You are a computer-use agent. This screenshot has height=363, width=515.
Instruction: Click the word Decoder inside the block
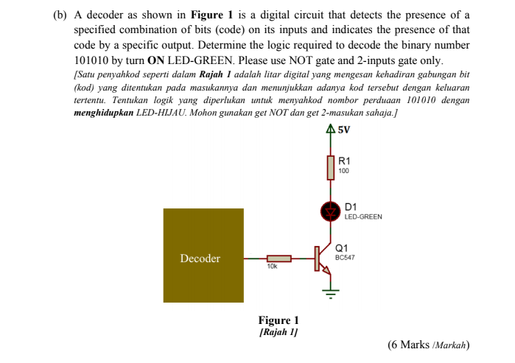pyautogui.click(x=200, y=258)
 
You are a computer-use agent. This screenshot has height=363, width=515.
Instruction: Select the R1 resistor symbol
pyautogui.click(x=332, y=168)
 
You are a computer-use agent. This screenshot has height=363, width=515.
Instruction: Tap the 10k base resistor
pyautogui.click(x=279, y=258)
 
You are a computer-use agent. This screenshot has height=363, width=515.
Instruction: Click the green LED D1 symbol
pyautogui.click(x=330, y=212)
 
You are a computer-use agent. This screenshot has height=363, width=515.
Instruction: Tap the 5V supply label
pyautogui.click(x=343, y=130)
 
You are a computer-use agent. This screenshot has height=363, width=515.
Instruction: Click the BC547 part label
pyautogui.click(x=345, y=258)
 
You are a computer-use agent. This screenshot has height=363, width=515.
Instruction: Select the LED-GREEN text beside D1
pyautogui.click(x=363, y=217)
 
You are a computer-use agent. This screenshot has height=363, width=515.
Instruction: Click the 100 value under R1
pyautogui.click(x=344, y=170)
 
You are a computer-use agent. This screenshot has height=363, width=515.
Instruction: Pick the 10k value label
pyautogui.click(x=272, y=267)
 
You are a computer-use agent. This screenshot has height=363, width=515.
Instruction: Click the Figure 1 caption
pyautogui.click(x=278, y=320)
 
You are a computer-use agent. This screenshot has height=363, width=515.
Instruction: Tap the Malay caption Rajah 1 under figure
pyautogui.click(x=278, y=332)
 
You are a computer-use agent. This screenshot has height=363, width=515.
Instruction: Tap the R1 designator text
pyautogui.click(x=344, y=161)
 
